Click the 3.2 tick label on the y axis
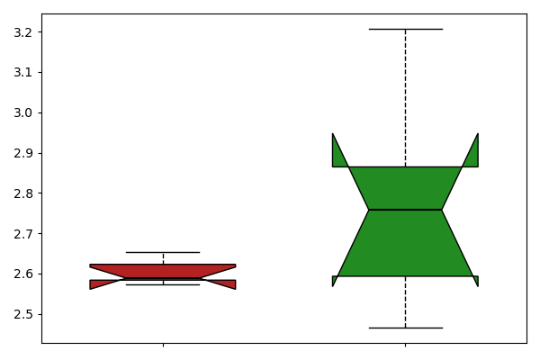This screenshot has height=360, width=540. pos(22,32)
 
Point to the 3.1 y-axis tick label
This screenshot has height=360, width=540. pos(22,73)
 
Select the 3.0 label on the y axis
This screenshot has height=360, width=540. pos(22,113)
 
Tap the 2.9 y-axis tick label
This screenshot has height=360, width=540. pos(22,153)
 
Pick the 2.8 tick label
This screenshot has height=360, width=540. pos(22,193)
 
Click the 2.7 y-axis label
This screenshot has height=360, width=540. pos(22,234)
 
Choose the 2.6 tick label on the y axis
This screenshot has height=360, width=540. pos(22,274)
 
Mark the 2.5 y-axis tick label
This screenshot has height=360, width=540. pos(22,314)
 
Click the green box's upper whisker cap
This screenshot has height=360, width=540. pos(406,30)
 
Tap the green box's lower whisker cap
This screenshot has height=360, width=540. pos(406,328)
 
